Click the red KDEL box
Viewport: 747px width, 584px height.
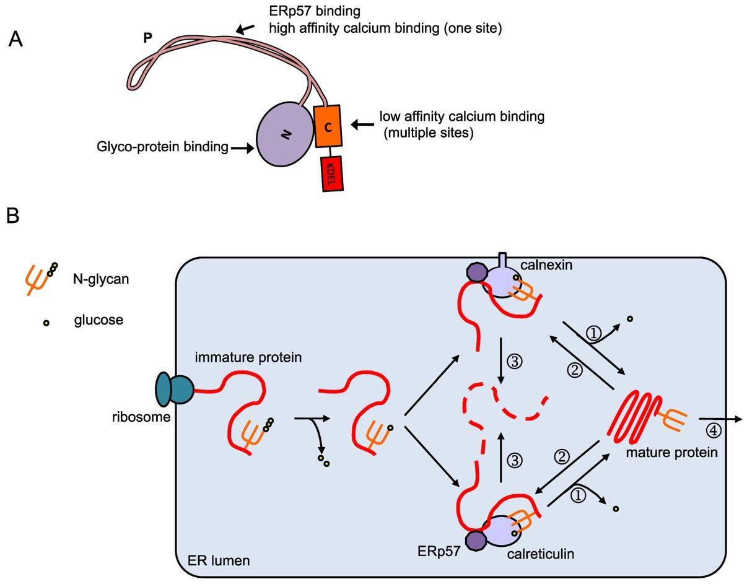pos(332,173)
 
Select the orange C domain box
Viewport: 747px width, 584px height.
pos(328,126)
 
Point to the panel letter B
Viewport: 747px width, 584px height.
pos(13,216)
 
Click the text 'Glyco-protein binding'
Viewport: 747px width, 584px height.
pos(162,147)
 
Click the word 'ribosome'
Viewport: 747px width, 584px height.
pos(141,417)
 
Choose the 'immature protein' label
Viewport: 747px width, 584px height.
pos(248,357)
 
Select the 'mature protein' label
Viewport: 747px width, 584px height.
pos(671,453)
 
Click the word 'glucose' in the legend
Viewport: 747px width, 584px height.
pos(98,320)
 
